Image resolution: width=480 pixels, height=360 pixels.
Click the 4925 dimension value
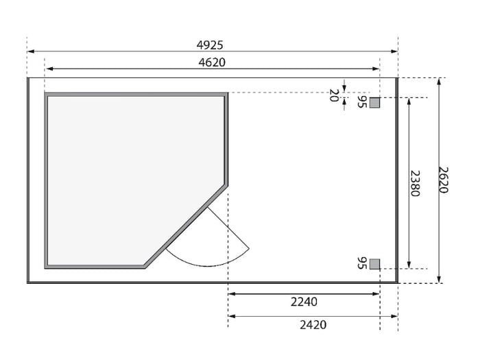coord(210,45)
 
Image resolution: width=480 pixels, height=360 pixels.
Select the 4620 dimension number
coord(212,62)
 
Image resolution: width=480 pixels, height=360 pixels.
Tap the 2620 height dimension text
coord(443,180)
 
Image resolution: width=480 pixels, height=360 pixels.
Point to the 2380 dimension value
coord(415,183)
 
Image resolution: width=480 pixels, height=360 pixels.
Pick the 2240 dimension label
coord(304,302)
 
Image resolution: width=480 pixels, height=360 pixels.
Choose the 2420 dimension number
coord(313,325)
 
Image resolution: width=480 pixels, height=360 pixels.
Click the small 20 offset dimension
coord(334,95)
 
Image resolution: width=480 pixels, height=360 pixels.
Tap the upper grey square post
coord(374,103)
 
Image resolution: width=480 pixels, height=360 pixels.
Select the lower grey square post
coord(374,264)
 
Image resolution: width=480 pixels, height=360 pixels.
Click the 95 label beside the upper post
coord(362,101)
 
